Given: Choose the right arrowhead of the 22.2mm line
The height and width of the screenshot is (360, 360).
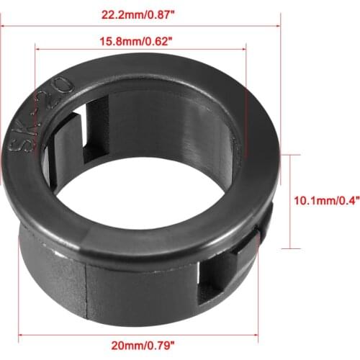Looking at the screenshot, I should point(276,25).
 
